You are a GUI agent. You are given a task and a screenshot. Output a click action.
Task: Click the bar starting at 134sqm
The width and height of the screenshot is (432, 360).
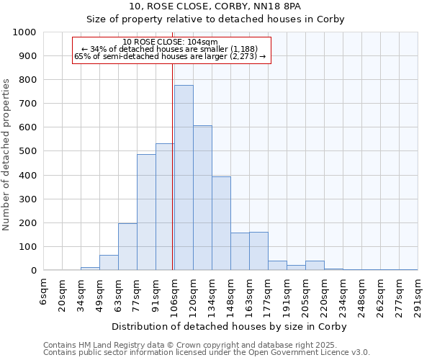point(221,224)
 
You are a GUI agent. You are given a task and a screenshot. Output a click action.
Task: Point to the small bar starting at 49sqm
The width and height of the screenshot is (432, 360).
point(109,263)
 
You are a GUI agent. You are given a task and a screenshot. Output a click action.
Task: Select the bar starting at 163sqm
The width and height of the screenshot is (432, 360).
point(258,251)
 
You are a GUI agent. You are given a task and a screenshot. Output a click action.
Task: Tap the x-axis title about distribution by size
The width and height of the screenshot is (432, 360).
point(230,326)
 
